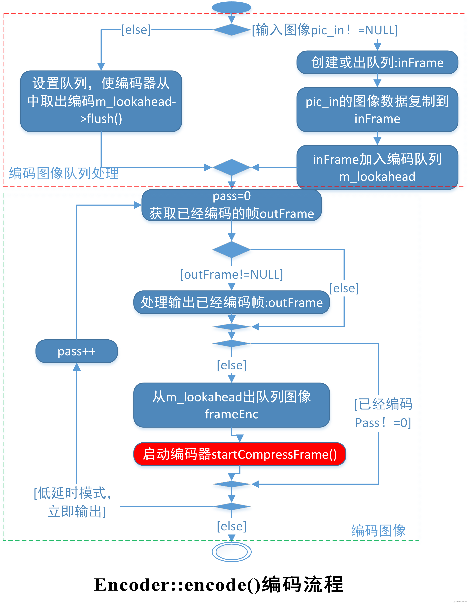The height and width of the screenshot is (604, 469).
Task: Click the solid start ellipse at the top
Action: pyautogui.click(x=232, y=7)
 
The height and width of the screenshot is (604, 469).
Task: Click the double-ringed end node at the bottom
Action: pyautogui.click(x=232, y=552)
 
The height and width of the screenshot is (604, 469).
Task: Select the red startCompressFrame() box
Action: pyautogui.click(x=239, y=454)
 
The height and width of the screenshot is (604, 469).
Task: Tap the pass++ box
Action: pyautogui.click(x=77, y=351)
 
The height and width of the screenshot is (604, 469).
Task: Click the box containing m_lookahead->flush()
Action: pyautogui.click(x=101, y=101)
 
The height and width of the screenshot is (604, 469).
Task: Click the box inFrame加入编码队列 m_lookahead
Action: pyautogui.click(x=377, y=167)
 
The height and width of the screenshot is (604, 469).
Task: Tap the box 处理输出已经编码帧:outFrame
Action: pyautogui.click(x=232, y=302)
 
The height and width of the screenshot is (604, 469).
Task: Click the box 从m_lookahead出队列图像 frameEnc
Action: pyautogui.click(x=232, y=405)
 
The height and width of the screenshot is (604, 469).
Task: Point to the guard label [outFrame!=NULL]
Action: pyautogui.click(x=232, y=275)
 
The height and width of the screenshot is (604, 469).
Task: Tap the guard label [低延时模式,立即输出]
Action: pyautogui.click(x=73, y=502)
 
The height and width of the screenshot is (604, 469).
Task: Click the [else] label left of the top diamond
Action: pyautogui.click(x=136, y=30)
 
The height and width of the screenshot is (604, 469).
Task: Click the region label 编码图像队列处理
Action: pyautogui.click(x=64, y=173)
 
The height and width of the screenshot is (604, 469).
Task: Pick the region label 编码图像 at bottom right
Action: pyautogui.click(x=378, y=531)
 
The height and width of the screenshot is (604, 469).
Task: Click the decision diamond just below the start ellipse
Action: pyautogui.click(x=232, y=30)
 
